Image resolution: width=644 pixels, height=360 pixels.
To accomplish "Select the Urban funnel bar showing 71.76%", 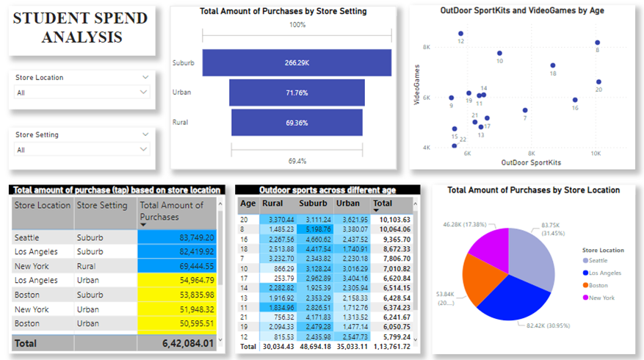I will (297, 93).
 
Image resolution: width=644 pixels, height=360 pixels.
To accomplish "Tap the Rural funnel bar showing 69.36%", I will (297, 122).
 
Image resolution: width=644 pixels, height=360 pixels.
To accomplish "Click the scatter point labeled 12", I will (460, 34).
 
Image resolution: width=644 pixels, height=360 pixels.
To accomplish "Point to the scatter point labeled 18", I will (553, 65).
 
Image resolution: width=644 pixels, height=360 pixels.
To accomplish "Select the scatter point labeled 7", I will (525, 110).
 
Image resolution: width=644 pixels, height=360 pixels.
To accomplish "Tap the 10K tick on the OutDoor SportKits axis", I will (596, 154).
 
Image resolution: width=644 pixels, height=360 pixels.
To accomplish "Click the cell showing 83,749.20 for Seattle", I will (177, 238).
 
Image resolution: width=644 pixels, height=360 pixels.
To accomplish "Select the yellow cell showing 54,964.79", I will (177, 280).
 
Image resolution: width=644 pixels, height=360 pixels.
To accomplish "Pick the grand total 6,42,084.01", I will (177, 342).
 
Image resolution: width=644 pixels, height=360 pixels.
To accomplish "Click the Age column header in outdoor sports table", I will (248, 203).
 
